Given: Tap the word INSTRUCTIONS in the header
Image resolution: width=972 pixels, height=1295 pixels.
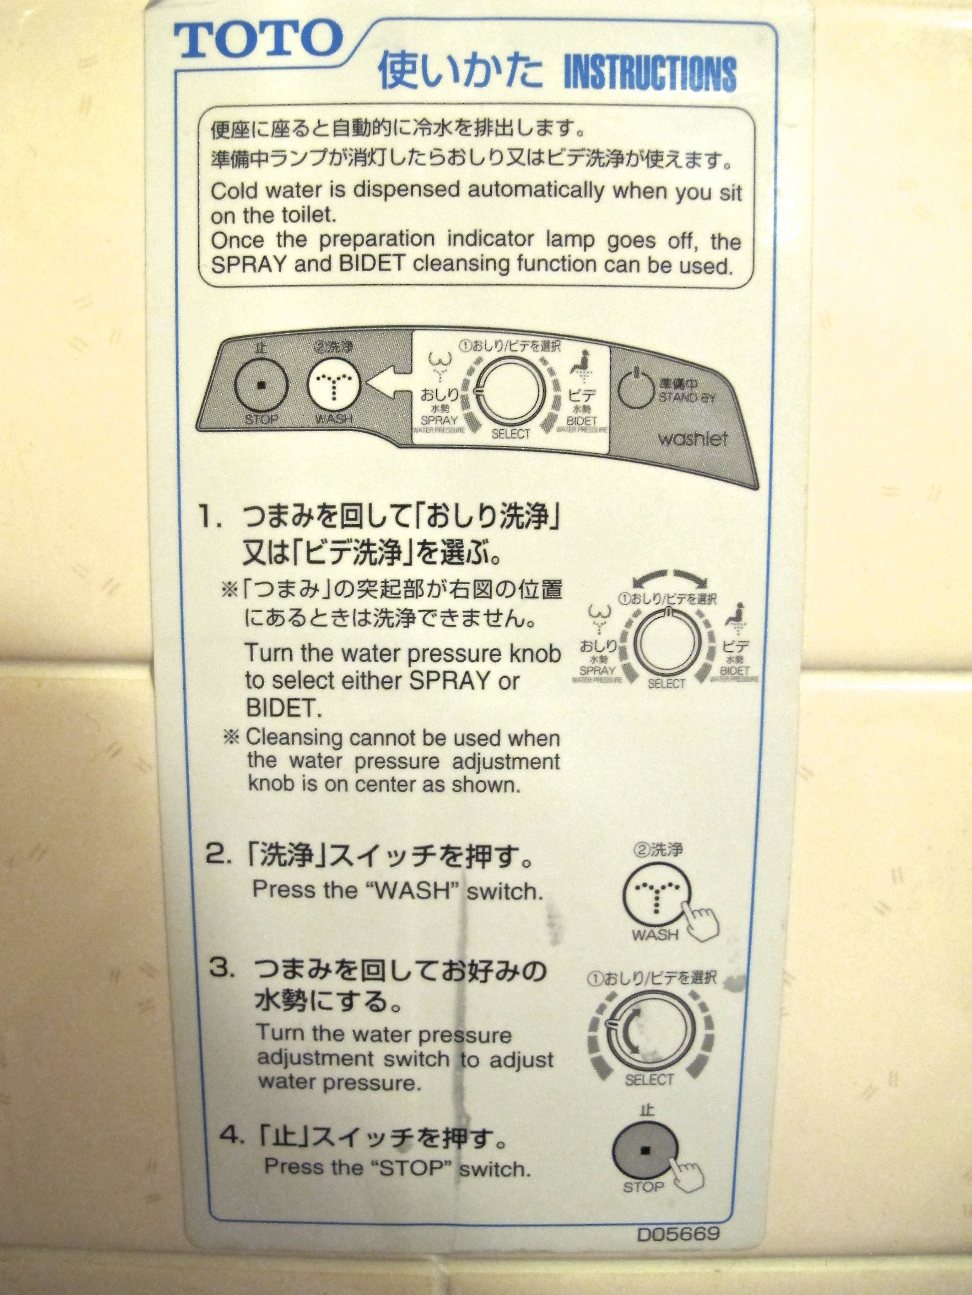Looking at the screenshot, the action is pos(649,74).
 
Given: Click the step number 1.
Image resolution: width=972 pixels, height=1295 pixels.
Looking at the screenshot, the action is pos(209,519).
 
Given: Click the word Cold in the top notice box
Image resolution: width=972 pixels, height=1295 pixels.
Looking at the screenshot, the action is pos(234,190).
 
